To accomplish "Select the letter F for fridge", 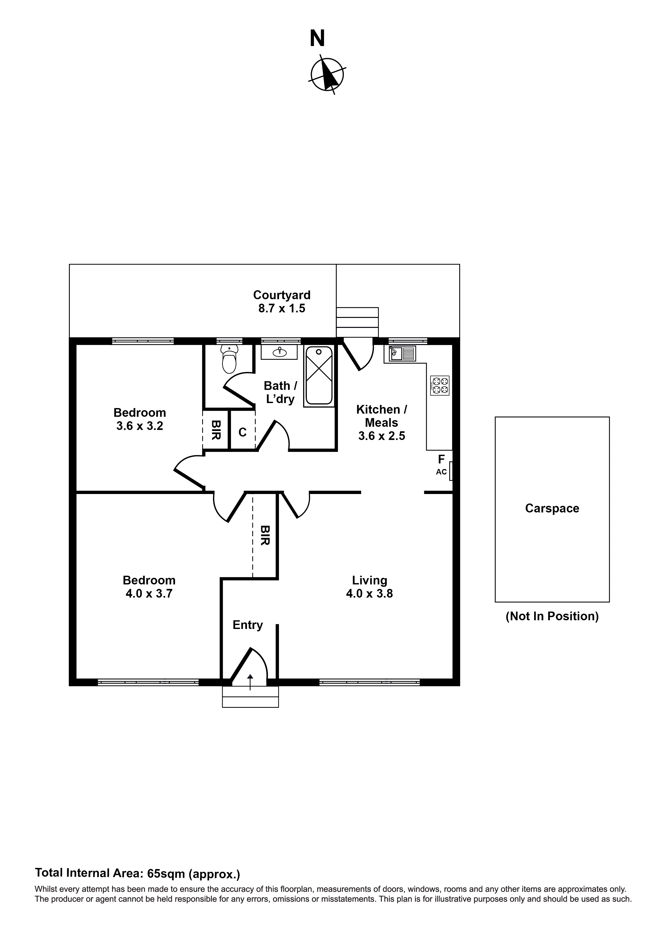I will (x=441, y=459).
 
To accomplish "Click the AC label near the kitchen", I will (x=441, y=472).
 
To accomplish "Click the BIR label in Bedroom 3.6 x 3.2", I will (x=216, y=430).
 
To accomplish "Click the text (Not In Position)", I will (x=552, y=616).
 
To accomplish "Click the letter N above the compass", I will (x=317, y=39).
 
